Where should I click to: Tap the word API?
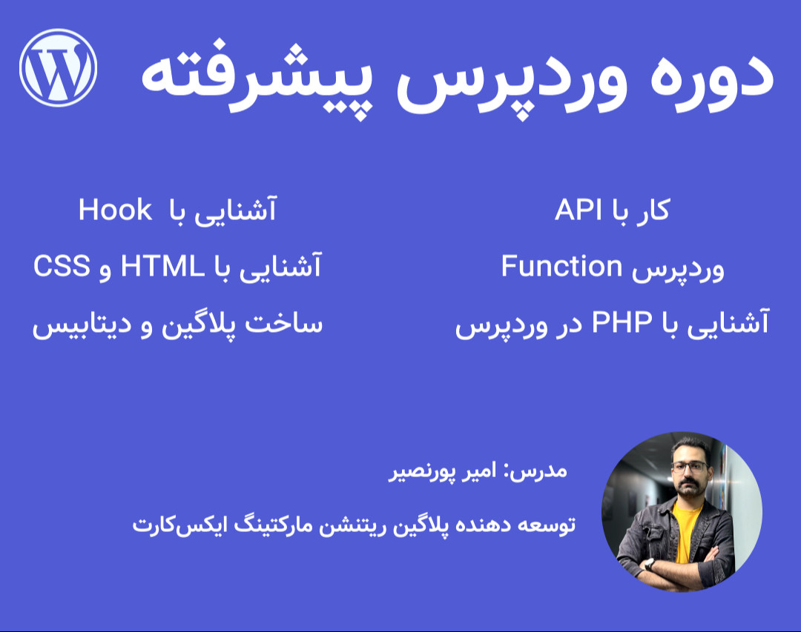coord(581,210)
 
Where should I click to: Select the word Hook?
coord(115,210)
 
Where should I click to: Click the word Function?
coord(561,265)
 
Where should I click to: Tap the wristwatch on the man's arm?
coord(650,563)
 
